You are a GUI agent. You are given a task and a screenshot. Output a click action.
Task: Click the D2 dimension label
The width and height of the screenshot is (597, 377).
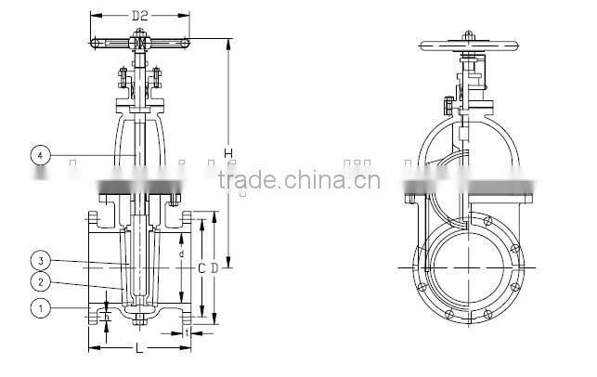[x=140, y=16]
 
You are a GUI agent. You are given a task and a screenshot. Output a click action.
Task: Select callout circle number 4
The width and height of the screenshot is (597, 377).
[x=40, y=155]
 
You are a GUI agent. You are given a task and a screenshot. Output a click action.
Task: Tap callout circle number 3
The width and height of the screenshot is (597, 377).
[x=40, y=259]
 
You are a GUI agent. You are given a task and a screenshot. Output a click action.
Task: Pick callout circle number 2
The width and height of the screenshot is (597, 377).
[x=40, y=281]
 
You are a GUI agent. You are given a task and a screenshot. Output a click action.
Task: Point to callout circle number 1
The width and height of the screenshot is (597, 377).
[x=40, y=305]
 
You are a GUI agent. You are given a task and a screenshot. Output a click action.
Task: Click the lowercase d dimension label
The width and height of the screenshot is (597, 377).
[x=182, y=253]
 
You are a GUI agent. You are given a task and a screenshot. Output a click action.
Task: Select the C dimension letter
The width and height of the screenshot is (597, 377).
[x=201, y=267]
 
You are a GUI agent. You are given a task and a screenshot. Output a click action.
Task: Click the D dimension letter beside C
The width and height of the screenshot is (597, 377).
[x=215, y=267]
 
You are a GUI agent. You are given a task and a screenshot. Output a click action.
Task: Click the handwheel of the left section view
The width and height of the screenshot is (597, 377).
[x=139, y=42]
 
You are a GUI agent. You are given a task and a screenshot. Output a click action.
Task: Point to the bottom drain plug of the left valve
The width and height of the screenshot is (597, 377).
[x=140, y=322]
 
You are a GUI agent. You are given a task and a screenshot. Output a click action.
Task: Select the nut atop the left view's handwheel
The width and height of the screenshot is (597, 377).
[x=139, y=34]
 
